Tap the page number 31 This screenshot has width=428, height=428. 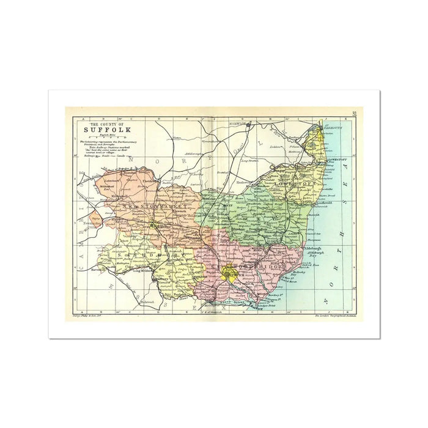(x=355, y=113)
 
